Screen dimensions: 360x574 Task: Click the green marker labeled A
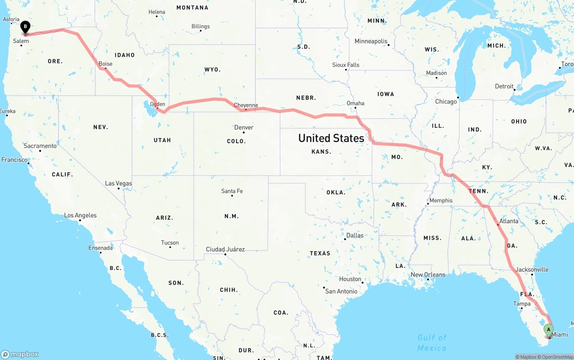[x=548, y=330]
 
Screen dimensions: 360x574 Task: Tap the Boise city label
[x=105, y=64]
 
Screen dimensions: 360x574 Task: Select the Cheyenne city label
[x=246, y=105]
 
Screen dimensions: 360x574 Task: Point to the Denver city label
[x=244, y=127]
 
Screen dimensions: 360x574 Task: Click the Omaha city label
[x=356, y=103]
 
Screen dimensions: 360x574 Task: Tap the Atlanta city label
[x=509, y=221]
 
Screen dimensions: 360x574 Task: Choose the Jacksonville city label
[x=532, y=269]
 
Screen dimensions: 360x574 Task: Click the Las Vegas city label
[x=118, y=183]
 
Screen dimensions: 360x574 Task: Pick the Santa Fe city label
[x=232, y=191]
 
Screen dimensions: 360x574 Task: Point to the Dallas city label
[x=355, y=235]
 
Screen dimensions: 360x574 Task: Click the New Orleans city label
[x=428, y=274]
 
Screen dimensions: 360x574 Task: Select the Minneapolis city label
[x=371, y=41]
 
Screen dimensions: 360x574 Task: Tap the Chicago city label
[x=446, y=102]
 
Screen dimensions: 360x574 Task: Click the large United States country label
[x=331, y=138]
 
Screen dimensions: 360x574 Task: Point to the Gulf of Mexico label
[x=432, y=343]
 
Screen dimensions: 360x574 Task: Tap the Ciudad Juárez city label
[x=225, y=249]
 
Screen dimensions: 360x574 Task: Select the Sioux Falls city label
[x=346, y=65]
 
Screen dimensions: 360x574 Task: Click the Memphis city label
[x=441, y=200]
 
